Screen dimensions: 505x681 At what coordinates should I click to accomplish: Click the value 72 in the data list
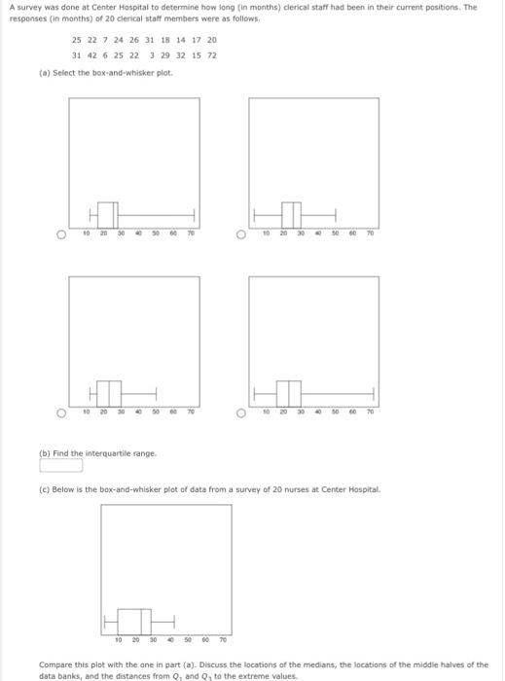[x=211, y=55]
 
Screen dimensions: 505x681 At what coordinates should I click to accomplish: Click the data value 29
[x=164, y=55]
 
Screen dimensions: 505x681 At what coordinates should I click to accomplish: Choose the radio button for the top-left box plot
[x=61, y=233]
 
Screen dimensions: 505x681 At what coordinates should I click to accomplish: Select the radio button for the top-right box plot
[x=241, y=233]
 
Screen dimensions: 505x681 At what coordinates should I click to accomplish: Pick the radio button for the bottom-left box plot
[x=61, y=412]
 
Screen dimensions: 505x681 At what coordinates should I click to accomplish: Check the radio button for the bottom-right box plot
[x=241, y=412]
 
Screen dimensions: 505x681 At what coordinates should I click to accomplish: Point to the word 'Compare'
[x=56, y=664]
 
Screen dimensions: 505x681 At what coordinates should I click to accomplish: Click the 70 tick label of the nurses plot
[x=223, y=640]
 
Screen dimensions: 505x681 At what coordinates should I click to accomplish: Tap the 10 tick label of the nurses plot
[x=119, y=640]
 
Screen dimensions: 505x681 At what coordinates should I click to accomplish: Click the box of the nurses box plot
[x=135, y=620]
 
